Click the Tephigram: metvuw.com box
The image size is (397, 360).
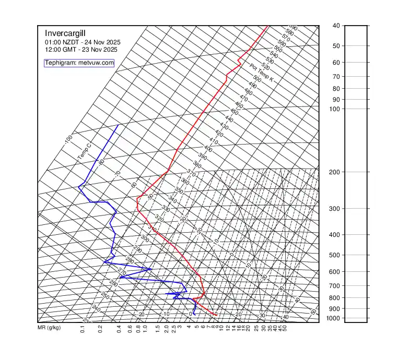pos(79,63)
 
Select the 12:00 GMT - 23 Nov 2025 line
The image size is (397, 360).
pos(81,50)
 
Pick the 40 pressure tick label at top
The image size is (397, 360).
pos(336,26)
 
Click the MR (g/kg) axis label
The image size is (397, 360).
pos(49,328)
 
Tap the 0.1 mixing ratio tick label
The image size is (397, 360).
pos(83,330)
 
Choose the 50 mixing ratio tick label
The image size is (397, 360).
pos(285,329)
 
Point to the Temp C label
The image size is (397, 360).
pos(84,151)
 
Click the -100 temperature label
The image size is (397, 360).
pos(68,139)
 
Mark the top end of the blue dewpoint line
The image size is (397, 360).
pos(118,125)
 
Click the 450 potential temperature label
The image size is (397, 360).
pos(234,112)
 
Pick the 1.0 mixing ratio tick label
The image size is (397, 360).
pos(144,330)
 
